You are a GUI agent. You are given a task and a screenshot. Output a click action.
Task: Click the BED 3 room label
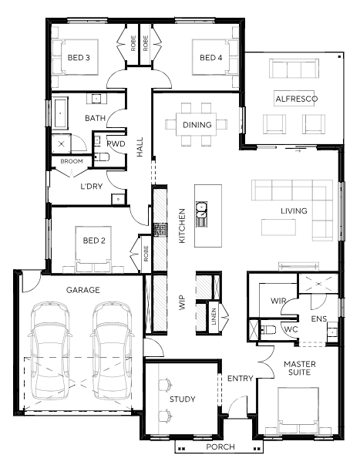[x=79, y=58]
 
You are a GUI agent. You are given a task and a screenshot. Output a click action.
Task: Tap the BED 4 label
[x=211, y=58]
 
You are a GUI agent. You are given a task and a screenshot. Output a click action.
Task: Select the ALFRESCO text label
[x=297, y=99]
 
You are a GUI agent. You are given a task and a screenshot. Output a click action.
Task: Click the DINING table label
[x=197, y=125]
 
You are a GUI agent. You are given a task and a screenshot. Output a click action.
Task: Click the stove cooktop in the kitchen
[x=160, y=230]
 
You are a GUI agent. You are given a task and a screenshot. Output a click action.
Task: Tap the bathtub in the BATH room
[x=60, y=113]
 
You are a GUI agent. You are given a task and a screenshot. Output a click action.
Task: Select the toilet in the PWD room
[x=100, y=157]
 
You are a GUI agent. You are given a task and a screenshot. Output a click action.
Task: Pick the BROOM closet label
[x=72, y=162]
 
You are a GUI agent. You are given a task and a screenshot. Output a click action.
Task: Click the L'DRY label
[x=91, y=187]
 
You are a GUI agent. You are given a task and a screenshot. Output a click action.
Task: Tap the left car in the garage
[x=50, y=351]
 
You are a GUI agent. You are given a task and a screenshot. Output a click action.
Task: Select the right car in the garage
[x=112, y=351]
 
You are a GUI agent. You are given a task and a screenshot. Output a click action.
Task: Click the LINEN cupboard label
[x=214, y=316]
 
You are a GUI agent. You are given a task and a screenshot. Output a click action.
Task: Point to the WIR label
[x=278, y=302]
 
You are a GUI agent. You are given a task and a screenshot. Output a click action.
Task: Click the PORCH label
[x=220, y=447]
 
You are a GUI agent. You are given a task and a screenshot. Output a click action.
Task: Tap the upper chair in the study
[x=165, y=385]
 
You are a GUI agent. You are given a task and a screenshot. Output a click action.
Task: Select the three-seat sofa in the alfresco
[x=294, y=69]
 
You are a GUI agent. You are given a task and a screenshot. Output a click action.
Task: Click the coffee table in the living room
[x=278, y=227]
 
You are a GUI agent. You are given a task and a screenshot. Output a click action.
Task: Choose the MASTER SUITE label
[x=300, y=368]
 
